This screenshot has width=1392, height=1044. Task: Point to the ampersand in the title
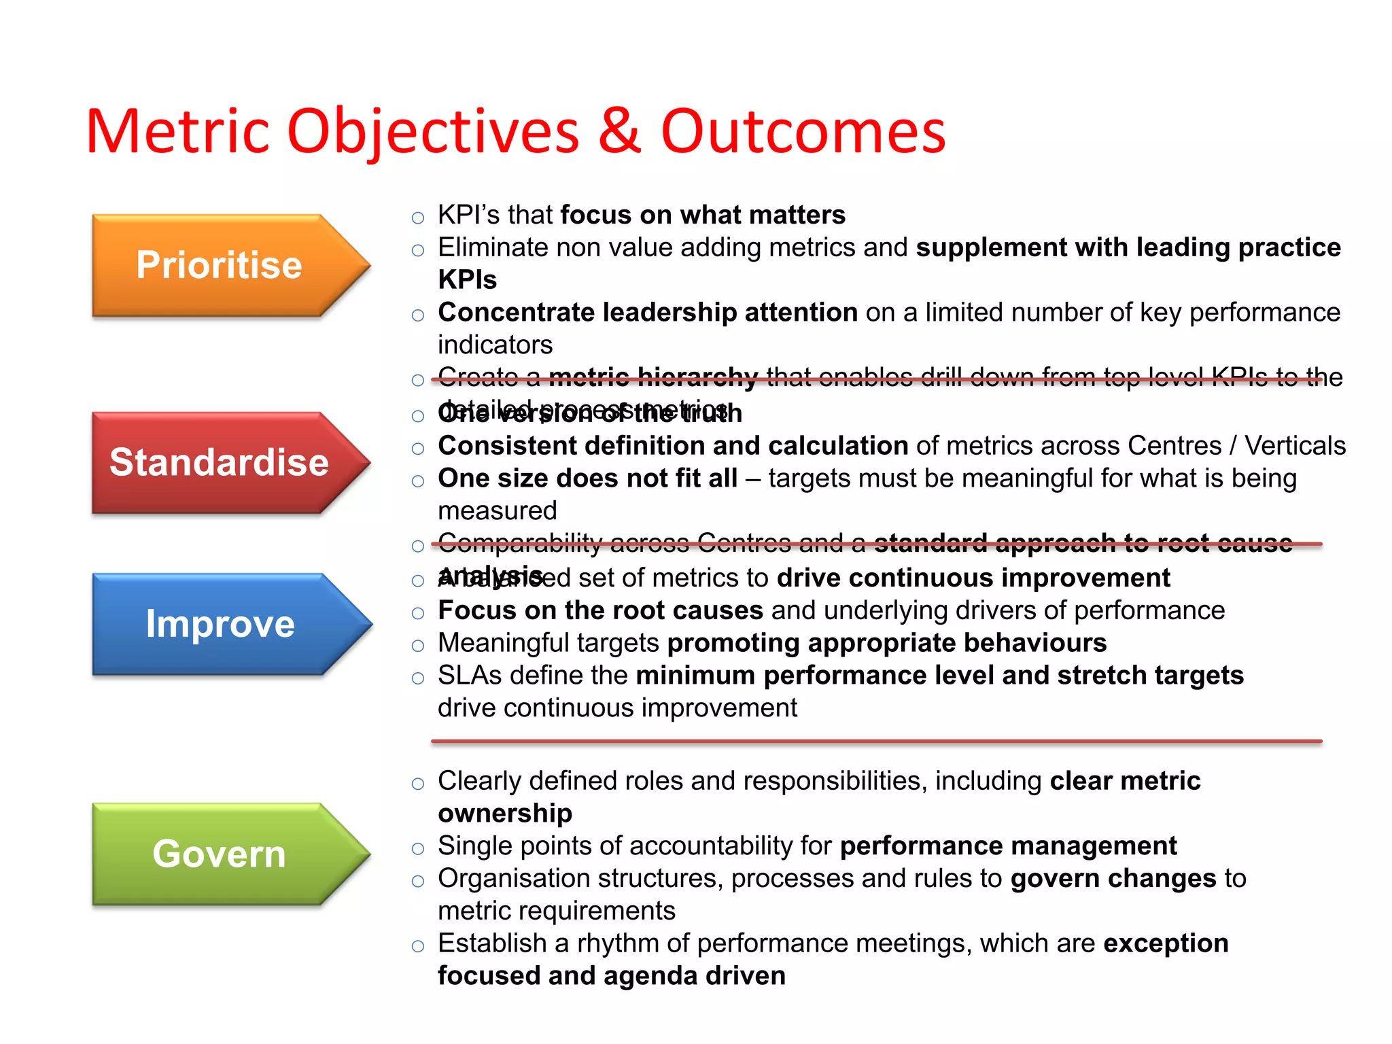(x=619, y=131)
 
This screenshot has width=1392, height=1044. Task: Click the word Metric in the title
(x=177, y=131)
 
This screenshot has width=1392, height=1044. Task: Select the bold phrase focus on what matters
(x=702, y=215)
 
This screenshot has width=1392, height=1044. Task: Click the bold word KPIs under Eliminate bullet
(x=467, y=280)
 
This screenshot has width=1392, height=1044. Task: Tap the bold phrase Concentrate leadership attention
(x=647, y=313)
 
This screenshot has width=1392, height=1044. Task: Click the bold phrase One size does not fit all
(x=587, y=478)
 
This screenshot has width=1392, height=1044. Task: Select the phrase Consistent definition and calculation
(x=673, y=446)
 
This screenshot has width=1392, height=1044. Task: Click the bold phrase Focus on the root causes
(x=600, y=610)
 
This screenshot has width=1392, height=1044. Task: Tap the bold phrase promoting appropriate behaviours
(x=886, y=643)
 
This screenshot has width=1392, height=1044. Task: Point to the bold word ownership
(x=504, y=814)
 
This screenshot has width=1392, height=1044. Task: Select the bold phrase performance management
(x=1008, y=846)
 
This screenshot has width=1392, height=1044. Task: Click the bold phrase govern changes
(x=1113, y=879)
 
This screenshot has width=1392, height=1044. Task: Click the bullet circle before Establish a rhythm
(x=418, y=946)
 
